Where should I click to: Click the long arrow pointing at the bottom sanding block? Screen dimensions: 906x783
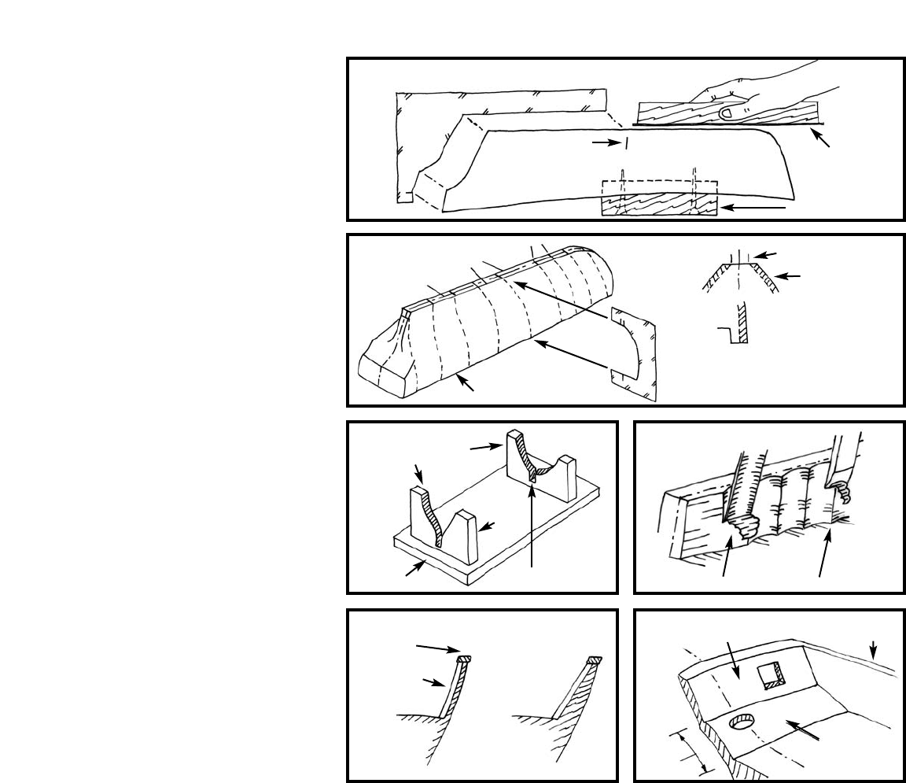pyautogui.click(x=754, y=208)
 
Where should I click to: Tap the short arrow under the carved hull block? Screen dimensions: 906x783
pyautogui.click(x=467, y=383)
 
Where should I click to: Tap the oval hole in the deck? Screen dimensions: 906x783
pyautogui.click(x=742, y=722)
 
